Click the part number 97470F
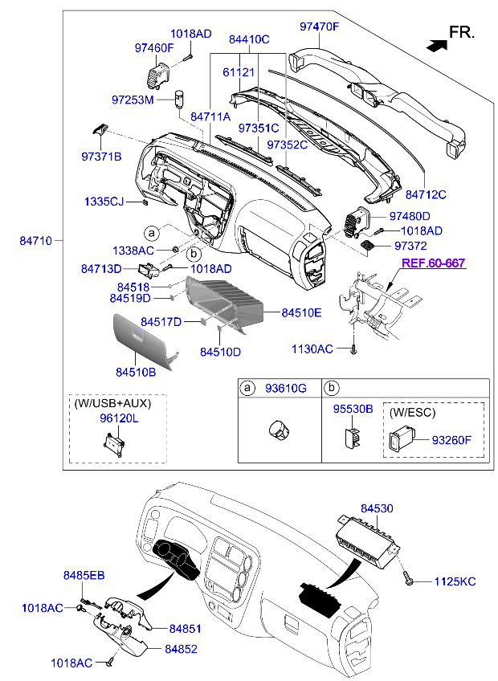tap(319, 27)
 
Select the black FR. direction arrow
tap(437, 45)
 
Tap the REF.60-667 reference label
tap(433, 263)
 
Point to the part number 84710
tap(35, 240)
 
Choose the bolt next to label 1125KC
tap(408, 578)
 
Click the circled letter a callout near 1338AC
tap(152, 233)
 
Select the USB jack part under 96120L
tap(114, 442)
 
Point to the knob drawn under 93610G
tap(279, 430)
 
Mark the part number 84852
tap(181, 649)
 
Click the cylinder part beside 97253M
tap(179, 99)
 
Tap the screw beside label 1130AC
tap(354, 349)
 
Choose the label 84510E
tap(301, 312)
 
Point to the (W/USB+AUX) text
tap(112, 403)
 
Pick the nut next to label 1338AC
tap(174, 249)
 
